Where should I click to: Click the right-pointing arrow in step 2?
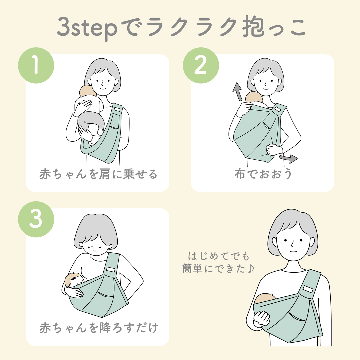(289, 158)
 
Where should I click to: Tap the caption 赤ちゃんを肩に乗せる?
(98, 175)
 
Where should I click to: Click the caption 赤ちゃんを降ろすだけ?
(98, 328)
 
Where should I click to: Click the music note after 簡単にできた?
(251, 269)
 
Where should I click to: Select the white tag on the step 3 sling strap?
(111, 268)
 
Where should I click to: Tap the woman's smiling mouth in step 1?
(102, 89)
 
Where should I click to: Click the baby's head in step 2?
(253, 98)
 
